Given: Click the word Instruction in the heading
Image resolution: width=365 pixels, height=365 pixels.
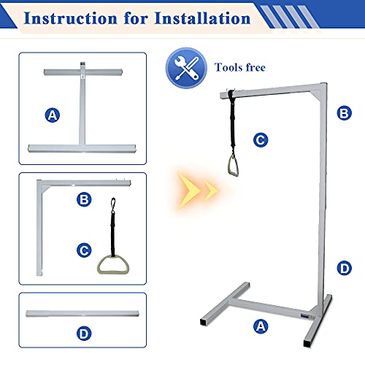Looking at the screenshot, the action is coord(71,18).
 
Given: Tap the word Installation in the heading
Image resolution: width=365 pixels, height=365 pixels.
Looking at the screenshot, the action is coord(202,18).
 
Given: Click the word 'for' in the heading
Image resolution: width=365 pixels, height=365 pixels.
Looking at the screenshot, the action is coord(136,18).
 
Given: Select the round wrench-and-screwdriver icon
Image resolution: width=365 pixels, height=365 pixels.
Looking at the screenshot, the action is coord(186,68).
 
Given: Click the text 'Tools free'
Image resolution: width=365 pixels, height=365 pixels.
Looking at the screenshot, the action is coord(240,67).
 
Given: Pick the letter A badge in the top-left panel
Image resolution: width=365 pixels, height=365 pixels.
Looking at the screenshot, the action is coord(53,115).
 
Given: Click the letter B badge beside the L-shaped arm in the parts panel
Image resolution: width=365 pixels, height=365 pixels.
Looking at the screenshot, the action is coord(84,199).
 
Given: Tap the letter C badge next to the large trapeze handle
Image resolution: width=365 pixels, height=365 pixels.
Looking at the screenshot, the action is coord(84,250).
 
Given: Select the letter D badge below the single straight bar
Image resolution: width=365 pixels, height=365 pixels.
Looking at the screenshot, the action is coord(84,334).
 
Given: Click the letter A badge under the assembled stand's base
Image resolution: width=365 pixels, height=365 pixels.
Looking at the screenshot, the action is coord(261,326).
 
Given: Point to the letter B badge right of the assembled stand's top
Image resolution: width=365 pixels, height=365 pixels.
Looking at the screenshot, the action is coord(344,113).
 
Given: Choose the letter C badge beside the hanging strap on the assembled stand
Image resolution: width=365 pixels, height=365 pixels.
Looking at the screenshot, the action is coord(261,140).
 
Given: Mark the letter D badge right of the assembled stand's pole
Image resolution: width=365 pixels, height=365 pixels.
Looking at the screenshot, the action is coord(344,269).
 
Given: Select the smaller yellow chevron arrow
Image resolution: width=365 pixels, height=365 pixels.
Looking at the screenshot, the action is coord(210,191).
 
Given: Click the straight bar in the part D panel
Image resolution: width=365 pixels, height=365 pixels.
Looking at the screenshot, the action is coord(82,313).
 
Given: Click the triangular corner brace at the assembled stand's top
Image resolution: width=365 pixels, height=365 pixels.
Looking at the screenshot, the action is coord(317,95).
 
